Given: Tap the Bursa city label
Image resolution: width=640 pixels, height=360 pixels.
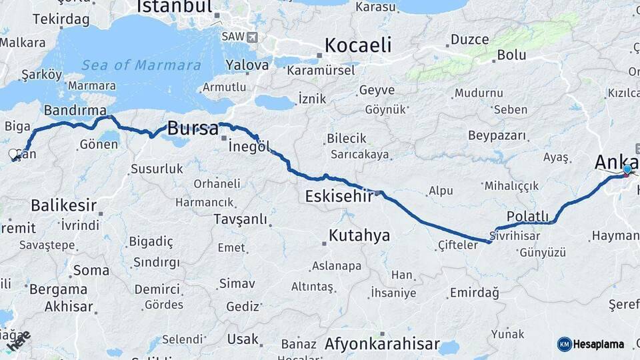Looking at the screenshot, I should click(x=193, y=128).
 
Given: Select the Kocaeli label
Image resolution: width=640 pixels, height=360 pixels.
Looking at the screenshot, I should click(x=357, y=45).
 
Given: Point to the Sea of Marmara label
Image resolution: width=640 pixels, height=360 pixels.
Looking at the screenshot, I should click(x=141, y=65).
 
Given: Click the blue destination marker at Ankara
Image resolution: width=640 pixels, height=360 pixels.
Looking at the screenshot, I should click(x=627, y=170).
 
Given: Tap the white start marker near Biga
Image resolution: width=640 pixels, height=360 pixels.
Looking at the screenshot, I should click(x=13, y=155).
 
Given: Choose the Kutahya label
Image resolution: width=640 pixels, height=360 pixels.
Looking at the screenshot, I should click(x=359, y=235).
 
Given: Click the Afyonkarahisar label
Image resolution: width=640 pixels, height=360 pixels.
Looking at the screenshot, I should click(x=382, y=344).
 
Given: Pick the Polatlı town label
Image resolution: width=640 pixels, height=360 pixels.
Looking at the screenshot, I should click(x=527, y=216).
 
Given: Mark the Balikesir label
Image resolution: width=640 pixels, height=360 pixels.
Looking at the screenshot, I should click(x=64, y=205).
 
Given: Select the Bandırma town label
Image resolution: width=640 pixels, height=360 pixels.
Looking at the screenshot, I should click(x=75, y=110).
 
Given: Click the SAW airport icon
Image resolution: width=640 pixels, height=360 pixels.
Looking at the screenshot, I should click(x=251, y=37).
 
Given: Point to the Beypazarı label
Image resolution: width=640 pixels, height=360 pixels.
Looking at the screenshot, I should click(x=497, y=136).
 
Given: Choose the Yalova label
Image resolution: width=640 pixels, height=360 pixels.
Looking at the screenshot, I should click(x=247, y=65).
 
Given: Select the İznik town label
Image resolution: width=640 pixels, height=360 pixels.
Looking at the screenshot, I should click(x=312, y=99).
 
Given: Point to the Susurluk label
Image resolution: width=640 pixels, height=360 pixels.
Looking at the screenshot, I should click(x=157, y=169).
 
